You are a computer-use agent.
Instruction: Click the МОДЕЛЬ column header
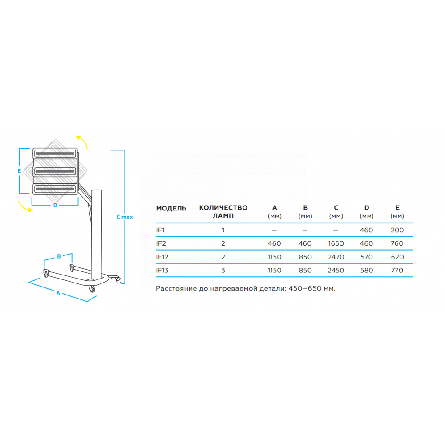pyautogui.click(x=171, y=208)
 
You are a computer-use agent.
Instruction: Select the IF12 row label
pyautogui.click(x=162, y=257)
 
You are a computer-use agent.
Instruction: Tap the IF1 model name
pyautogui.click(x=160, y=230)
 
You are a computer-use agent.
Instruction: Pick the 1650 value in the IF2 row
pyautogui.click(x=336, y=243)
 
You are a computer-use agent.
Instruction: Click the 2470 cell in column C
pyautogui.click(x=336, y=257)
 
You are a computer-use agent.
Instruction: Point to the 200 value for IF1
pyautogui.click(x=397, y=230)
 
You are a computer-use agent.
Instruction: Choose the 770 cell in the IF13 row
pyautogui.click(x=397, y=271)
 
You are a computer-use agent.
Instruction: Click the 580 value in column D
pyautogui.click(x=366, y=271)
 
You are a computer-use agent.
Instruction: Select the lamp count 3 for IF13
pyautogui.click(x=223, y=271)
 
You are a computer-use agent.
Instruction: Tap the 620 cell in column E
pyautogui.click(x=397, y=257)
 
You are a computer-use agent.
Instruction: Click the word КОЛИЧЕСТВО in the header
pyautogui.click(x=223, y=208)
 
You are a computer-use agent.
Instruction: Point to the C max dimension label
pyautogui.click(x=125, y=217)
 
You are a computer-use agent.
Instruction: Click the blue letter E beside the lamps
pyautogui.click(x=19, y=171)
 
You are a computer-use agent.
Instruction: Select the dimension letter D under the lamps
pyautogui.click(x=55, y=205)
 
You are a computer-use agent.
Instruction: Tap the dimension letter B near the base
pyautogui.click(x=59, y=256)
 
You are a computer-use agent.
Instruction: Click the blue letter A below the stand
pyautogui.click(x=58, y=293)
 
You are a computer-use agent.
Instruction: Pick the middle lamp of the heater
pyautogui.click(x=55, y=171)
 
